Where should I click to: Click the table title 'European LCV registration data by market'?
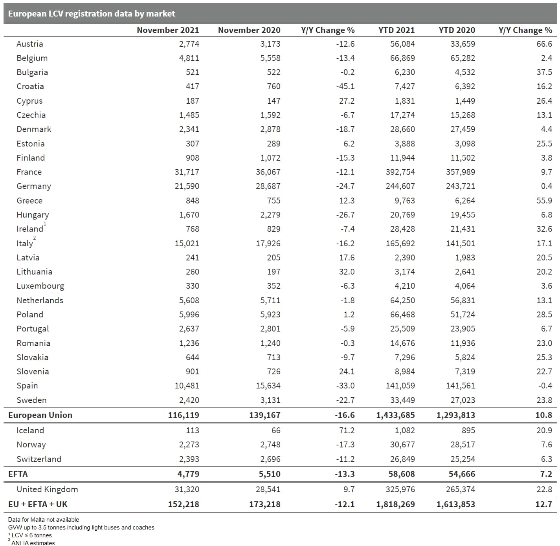point(91,14)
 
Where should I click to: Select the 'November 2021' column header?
point(168,30)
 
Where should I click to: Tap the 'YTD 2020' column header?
point(457,30)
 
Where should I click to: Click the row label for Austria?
point(29,44)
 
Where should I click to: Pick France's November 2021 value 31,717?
point(187,172)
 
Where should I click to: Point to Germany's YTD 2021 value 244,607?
point(400,186)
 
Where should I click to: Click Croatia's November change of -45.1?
point(345,86)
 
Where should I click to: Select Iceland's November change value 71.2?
point(347,431)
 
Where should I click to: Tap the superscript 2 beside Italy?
point(35,238)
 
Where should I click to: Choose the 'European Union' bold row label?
point(40,415)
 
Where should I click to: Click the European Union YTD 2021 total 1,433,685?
point(395,415)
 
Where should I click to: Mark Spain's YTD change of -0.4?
point(545,386)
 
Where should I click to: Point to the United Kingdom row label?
point(47,489)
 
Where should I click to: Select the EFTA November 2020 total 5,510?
point(270,474)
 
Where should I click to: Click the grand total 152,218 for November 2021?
point(184,504)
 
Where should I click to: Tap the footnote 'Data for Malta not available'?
point(43,520)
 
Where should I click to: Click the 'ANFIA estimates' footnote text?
point(33,543)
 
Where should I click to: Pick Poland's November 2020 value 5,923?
point(270,315)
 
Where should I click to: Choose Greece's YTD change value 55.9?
point(544,201)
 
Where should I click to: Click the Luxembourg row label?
point(40,286)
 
